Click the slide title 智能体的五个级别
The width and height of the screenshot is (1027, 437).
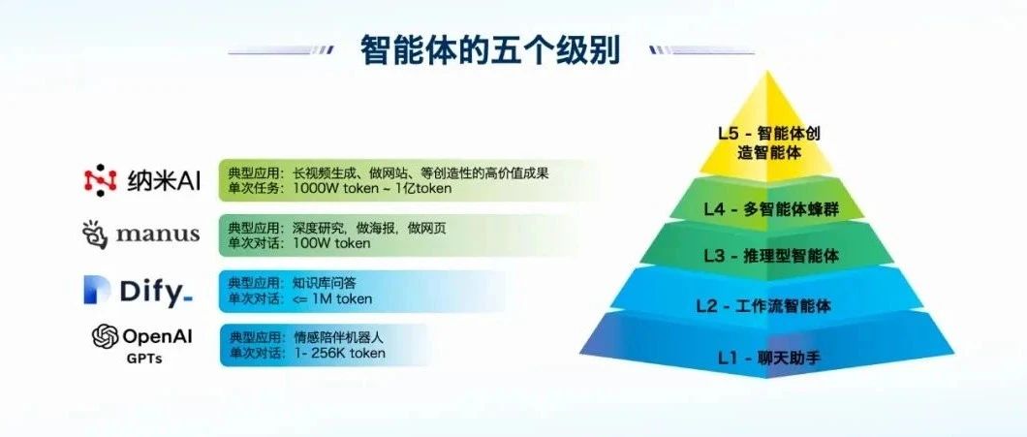pyautogui.click(x=490, y=50)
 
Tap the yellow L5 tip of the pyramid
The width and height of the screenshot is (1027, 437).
pyautogui.click(x=767, y=128)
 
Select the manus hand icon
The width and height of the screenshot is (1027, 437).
pyautogui.click(x=95, y=234)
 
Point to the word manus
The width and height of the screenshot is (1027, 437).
pyautogui.click(x=158, y=234)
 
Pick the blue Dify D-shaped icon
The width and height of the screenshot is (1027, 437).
pyautogui.click(x=97, y=291)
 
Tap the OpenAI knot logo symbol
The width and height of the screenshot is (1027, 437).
pyautogui.click(x=105, y=337)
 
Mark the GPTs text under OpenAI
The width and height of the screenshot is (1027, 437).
pyautogui.click(x=143, y=359)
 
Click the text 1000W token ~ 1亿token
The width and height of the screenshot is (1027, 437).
pyautogui.click(x=373, y=189)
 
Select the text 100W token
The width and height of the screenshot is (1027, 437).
pyautogui.click(x=331, y=244)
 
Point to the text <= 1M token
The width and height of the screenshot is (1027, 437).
pyautogui.click(x=332, y=299)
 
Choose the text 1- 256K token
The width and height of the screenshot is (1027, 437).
pyautogui.click(x=339, y=354)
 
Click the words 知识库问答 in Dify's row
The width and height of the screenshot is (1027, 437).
pyautogui.click(x=325, y=284)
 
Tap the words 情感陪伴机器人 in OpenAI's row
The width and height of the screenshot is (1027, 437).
pyautogui.click(x=337, y=339)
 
